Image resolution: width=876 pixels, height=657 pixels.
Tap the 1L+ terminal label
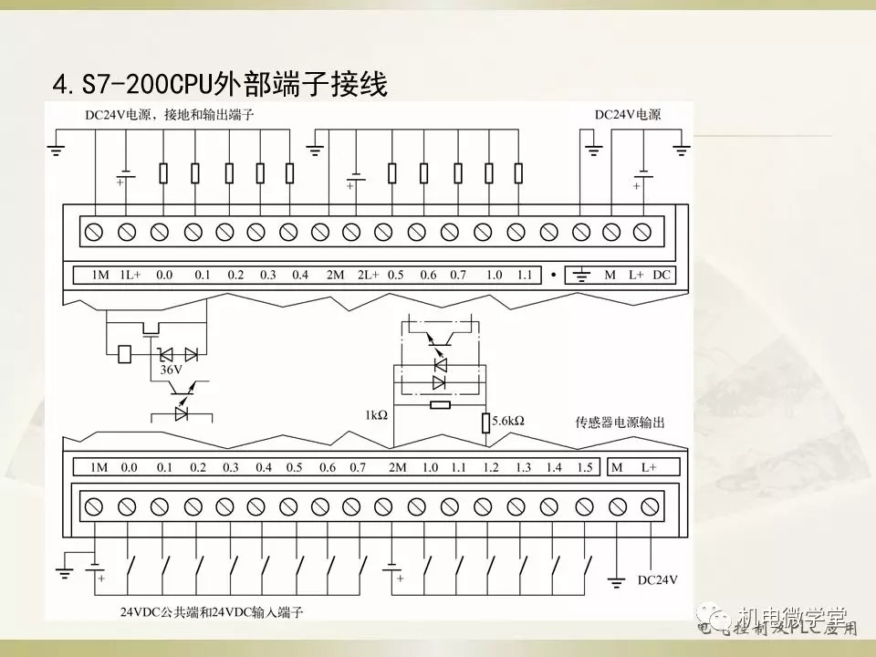[x=130, y=275]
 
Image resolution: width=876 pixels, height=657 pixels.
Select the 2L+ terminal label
[x=367, y=275]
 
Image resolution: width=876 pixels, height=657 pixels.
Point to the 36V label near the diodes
[x=171, y=370]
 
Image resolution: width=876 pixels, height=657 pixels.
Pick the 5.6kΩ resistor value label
[x=508, y=422]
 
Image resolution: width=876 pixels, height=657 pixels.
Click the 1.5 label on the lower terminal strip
[x=584, y=467]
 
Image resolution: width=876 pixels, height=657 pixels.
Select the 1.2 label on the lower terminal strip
[x=491, y=467]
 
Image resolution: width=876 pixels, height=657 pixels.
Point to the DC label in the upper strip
[x=662, y=275]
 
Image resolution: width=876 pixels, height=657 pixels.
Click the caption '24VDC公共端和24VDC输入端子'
[x=211, y=610]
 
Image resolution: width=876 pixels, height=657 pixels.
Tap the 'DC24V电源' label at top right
[x=628, y=115]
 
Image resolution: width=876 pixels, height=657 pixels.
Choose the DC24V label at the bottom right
[x=658, y=579]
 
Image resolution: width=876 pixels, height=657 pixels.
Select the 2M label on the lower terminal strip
[x=397, y=467]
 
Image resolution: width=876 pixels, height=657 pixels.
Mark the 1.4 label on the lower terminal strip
[x=553, y=467]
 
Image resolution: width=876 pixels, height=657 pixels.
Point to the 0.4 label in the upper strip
[x=300, y=275]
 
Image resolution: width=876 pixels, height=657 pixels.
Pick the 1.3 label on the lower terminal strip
[x=522, y=467]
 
